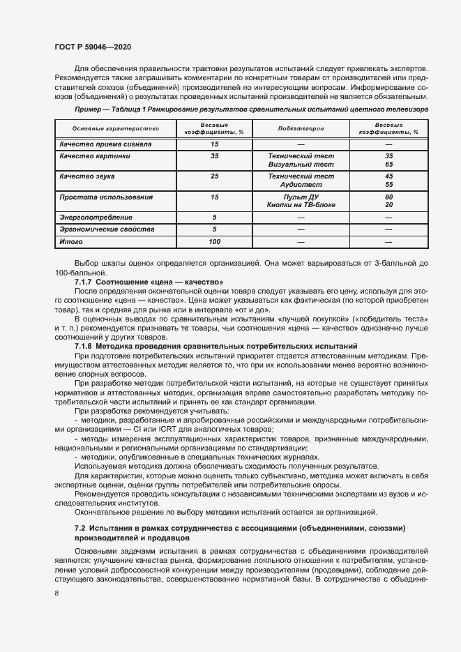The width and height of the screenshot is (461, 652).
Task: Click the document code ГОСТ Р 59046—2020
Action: coord(92,47)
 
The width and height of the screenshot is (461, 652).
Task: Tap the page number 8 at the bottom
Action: coord(56,593)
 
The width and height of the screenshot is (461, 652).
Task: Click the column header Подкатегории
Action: coord(301,128)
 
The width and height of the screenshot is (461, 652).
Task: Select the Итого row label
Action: coord(70,241)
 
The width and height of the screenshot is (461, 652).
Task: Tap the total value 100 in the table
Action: coord(214,241)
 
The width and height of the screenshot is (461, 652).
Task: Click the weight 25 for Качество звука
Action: coord(214,176)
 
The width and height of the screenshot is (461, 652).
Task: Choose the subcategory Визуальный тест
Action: coord(301,165)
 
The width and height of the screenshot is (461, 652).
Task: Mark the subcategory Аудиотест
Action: coord(301,185)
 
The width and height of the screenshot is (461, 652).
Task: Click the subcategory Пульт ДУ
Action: coord(301,197)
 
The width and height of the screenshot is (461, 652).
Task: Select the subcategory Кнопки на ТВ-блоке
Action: coord(301,205)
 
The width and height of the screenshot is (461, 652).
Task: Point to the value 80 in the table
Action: coord(388,197)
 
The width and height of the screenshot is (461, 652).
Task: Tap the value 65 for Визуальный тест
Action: coord(388,165)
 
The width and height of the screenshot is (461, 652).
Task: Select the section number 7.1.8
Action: coord(86,346)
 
